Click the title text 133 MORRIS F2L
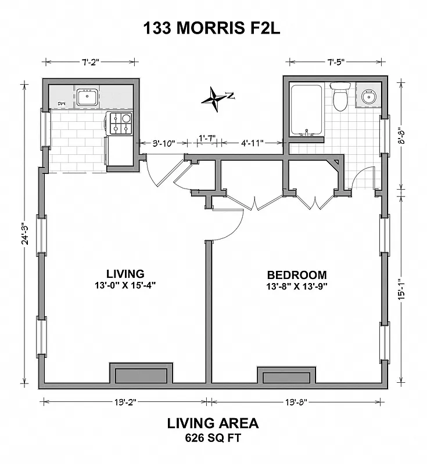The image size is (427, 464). click(213, 28)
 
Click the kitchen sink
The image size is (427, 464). click(87, 97)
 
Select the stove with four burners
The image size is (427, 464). click(119, 124)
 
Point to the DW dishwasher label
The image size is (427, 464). click(60, 104)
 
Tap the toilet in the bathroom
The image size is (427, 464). click(340, 97)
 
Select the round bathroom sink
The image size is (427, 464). click(368, 96)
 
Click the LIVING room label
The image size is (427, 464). click(125, 273)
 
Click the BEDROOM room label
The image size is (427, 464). click(296, 275)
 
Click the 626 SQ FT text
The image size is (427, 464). click(213, 438)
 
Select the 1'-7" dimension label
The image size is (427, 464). click(207, 138)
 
